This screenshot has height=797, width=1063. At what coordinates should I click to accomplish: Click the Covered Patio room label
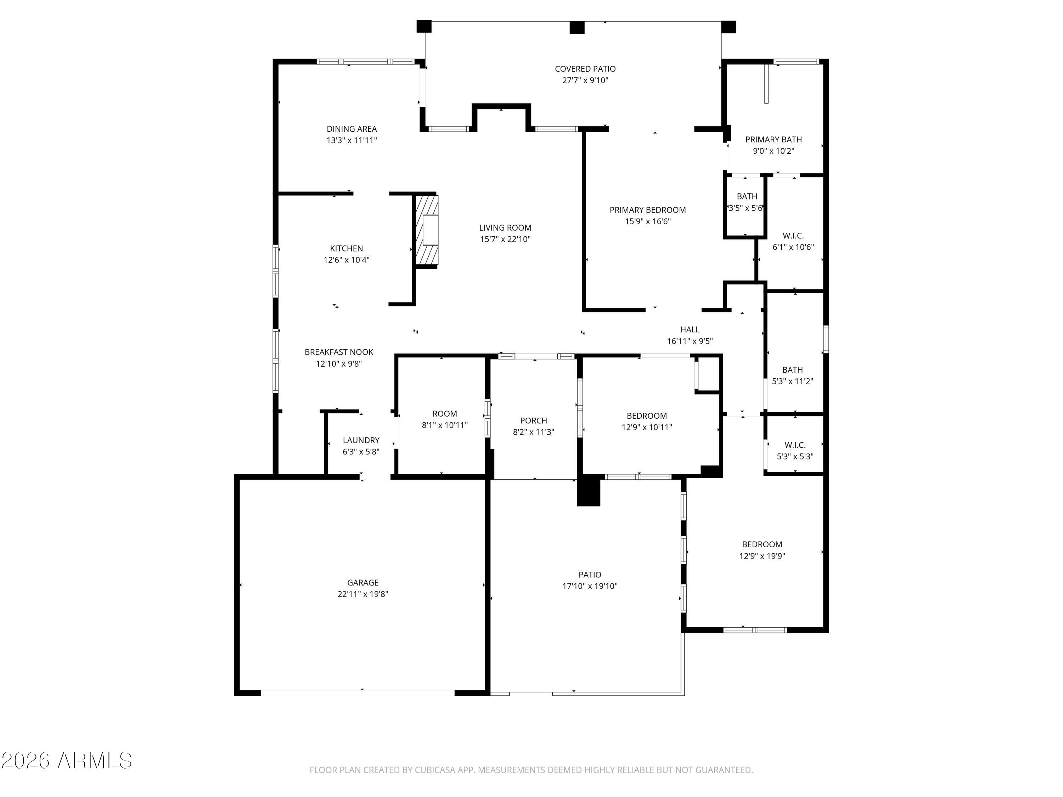[585, 69]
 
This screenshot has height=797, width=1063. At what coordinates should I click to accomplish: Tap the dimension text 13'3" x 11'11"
[352, 141]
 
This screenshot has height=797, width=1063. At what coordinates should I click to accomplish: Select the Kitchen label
[347, 248]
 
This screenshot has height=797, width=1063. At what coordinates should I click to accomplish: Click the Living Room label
[505, 228]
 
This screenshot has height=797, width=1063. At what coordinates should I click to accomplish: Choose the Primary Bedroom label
[648, 210]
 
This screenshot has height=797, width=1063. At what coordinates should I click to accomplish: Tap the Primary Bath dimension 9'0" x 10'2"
[774, 151]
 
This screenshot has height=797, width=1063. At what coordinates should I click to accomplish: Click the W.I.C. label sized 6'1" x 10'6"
[793, 236]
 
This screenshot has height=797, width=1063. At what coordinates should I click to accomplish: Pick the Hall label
[690, 329]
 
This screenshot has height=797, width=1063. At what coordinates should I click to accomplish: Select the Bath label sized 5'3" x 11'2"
[792, 370]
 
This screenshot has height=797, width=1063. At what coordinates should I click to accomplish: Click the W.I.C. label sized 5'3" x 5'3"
[795, 445]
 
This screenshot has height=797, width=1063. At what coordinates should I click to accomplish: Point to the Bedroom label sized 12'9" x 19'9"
[762, 544]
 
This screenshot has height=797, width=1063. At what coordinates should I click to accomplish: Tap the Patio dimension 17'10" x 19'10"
[590, 586]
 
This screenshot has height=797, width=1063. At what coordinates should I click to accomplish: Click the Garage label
[363, 583]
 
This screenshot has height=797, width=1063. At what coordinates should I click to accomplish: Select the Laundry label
[361, 440]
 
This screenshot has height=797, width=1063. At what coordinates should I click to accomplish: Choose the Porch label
[533, 420]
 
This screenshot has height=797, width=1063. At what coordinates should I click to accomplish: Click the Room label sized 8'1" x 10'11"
[445, 414]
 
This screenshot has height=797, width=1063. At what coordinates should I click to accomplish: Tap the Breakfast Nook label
[339, 352]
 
